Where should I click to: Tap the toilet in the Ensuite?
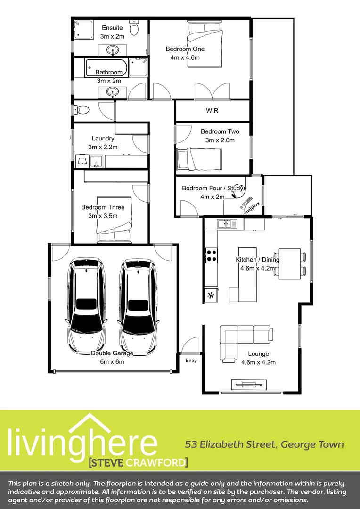(134, 29)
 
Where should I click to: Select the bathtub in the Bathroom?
(106, 68)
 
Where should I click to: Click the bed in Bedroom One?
(205, 44)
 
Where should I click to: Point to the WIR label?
(212, 111)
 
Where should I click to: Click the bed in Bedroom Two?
(198, 158)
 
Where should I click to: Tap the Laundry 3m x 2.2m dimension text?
(103, 147)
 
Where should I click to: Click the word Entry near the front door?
(191, 361)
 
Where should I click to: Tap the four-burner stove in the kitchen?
(211, 255)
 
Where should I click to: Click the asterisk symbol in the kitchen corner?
(211, 296)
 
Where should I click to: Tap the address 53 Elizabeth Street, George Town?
(264, 444)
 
